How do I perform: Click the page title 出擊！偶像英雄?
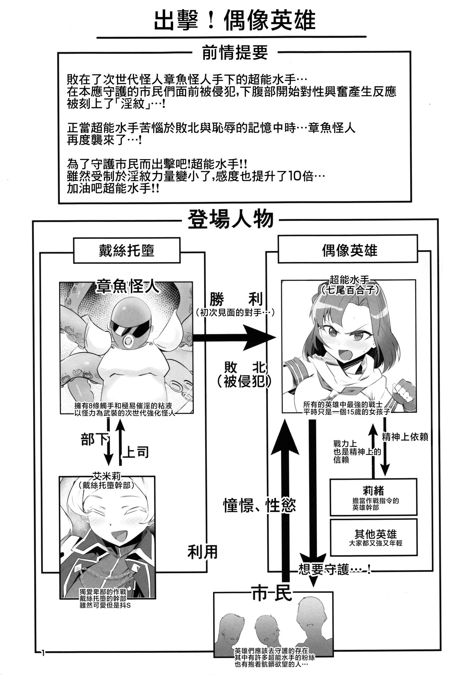pyautogui.click(x=235, y=20)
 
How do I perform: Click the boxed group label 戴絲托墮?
pyautogui.click(x=127, y=250)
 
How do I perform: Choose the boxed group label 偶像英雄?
pyautogui.click(x=349, y=250)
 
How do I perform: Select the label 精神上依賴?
pyautogui.click(x=405, y=437)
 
